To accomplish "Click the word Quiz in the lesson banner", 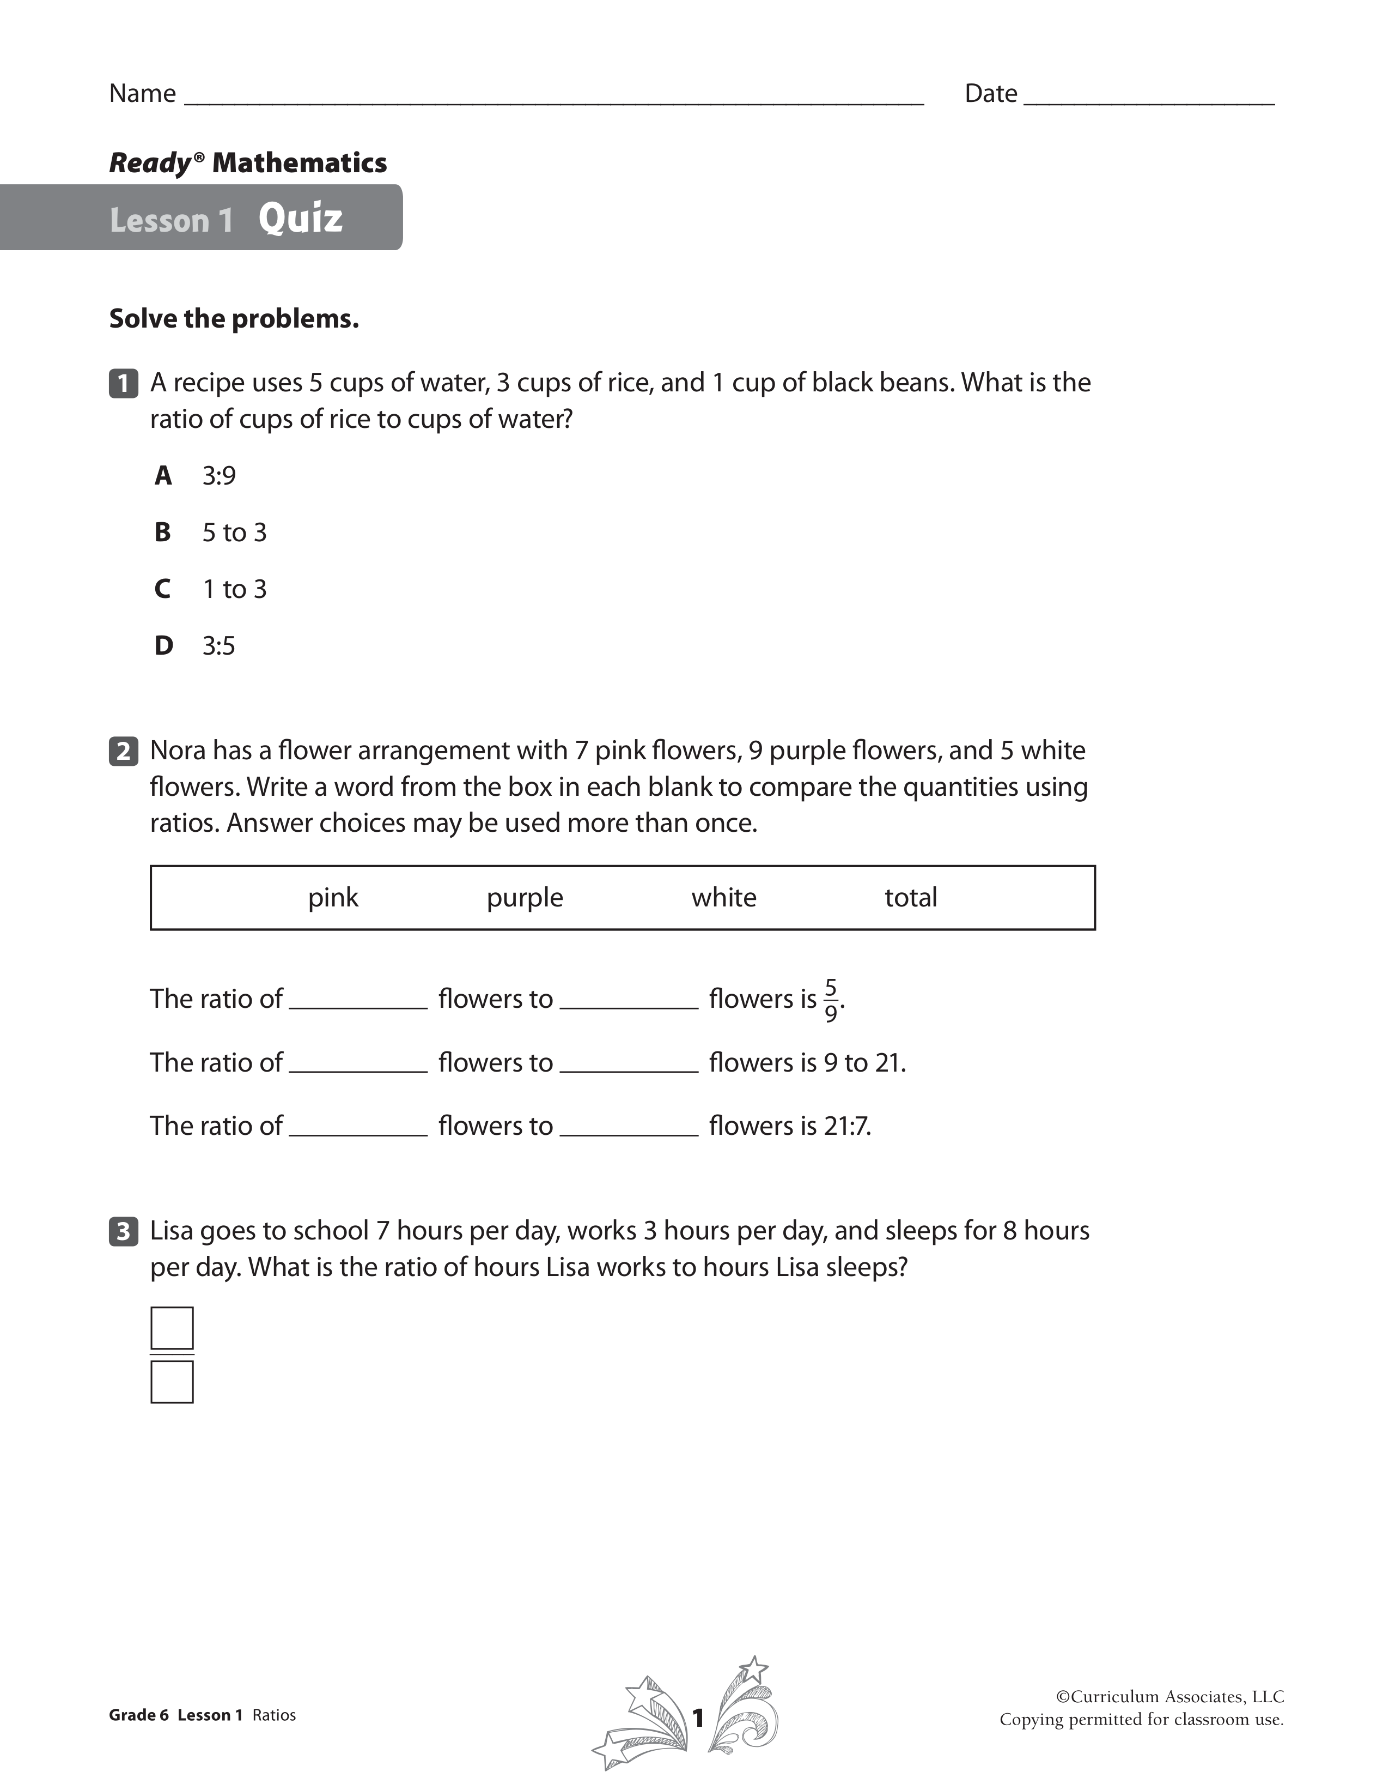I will pyautogui.click(x=300, y=218).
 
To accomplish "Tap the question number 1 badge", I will pyautogui.click(x=123, y=383).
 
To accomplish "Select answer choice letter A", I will pyautogui.click(x=163, y=475).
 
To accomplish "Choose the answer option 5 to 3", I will pyautogui.click(x=234, y=533).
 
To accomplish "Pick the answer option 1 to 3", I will pyautogui.click(x=234, y=589).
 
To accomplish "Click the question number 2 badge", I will pyautogui.click(x=123, y=751).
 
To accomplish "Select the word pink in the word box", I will pyautogui.click(x=333, y=897).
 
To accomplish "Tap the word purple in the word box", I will pyautogui.click(x=525, y=897).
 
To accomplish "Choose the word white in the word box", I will pyautogui.click(x=723, y=897).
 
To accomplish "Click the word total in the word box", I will pyautogui.click(x=911, y=897).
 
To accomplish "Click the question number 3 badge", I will pyautogui.click(x=123, y=1231).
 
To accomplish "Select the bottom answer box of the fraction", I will pyautogui.click(x=172, y=1382).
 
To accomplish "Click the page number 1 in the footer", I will pyautogui.click(x=697, y=1717).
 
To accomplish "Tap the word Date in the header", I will pyautogui.click(x=990, y=94).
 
